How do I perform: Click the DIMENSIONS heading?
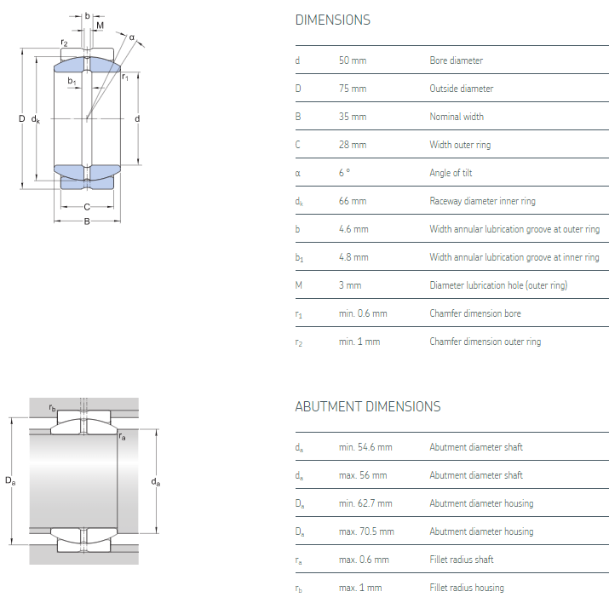[332, 20]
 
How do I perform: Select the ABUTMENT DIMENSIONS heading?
[367, 406]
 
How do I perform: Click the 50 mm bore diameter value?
[352, 60]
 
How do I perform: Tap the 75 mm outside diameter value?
[352, 89]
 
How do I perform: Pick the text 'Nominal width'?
[457, 117]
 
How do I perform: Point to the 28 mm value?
[352, 145]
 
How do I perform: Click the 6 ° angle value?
[344, 173]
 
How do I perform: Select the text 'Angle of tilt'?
[451, 173]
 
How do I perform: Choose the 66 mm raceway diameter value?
[352, 201]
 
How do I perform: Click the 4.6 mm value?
[353, 229]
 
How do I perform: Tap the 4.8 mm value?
[353, 257]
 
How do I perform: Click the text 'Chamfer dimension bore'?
[475, 313]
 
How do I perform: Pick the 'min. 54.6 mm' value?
[365, 447]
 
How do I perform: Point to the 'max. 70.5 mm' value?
[366, 531]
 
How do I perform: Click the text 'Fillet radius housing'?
[466, 588]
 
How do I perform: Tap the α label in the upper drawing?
[132, 37]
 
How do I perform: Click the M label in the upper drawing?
[100, 26]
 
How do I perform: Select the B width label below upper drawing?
[87, 223]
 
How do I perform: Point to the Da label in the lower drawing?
[9, 482]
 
